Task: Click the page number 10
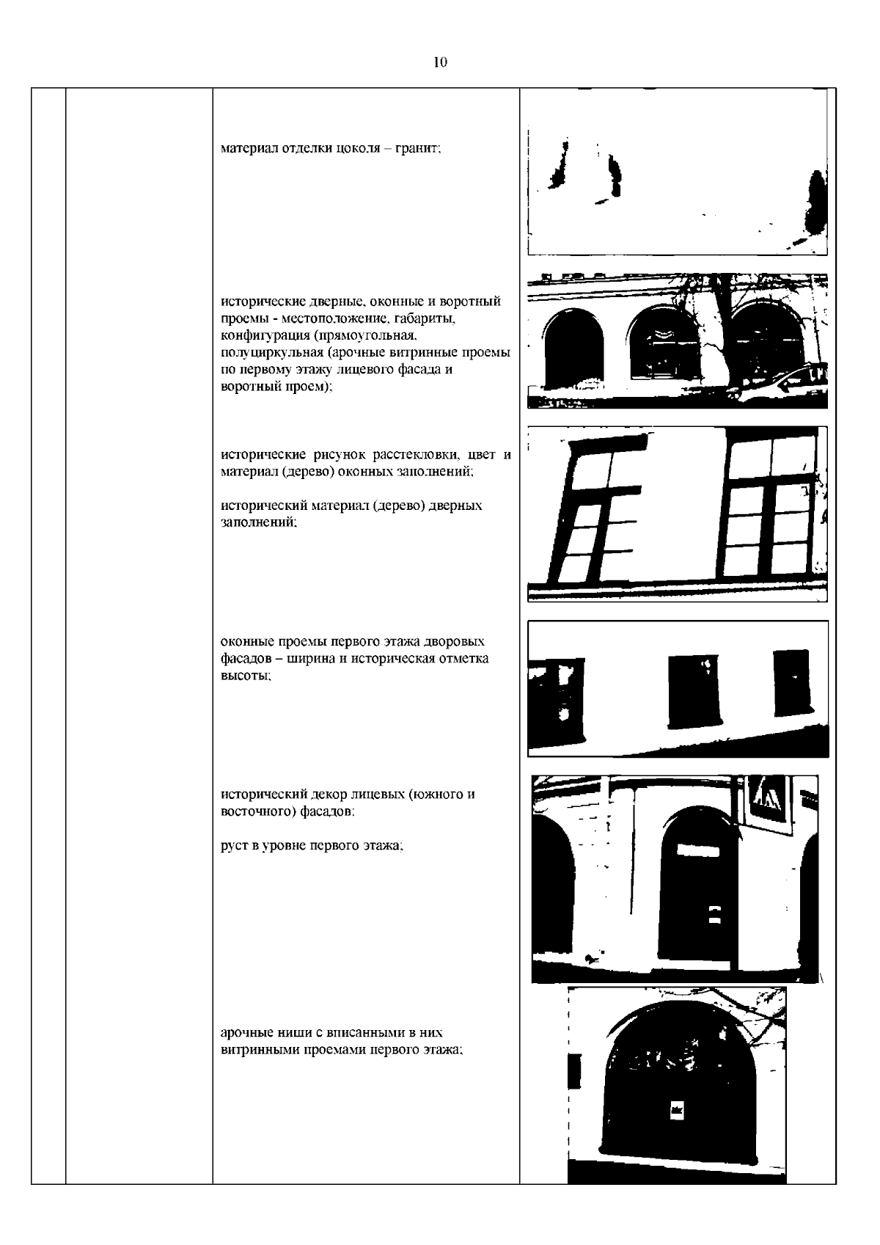(440, 62)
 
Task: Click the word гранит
(418, 148)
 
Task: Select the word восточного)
(258, 811)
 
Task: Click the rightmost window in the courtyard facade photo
(792, 682)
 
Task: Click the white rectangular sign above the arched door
(698, 850)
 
